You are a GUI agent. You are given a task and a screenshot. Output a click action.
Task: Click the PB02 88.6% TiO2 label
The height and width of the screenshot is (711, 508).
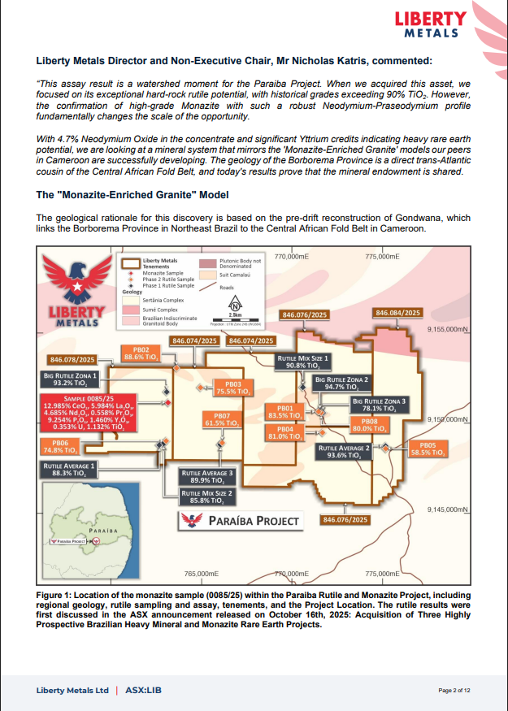tap(136, 353)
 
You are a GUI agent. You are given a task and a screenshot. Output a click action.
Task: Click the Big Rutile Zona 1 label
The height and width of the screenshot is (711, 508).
tap(72, 379)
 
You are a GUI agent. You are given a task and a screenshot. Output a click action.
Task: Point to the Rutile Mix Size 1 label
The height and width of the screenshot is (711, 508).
tap(302, 362)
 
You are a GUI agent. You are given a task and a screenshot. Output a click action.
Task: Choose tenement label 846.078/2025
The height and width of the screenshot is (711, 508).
tap(73, 359)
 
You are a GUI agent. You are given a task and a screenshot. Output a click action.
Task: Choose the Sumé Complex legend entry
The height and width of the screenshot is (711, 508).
tap(158, 310)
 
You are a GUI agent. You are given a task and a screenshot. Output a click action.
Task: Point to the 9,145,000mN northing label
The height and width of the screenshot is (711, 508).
tap(449, 509)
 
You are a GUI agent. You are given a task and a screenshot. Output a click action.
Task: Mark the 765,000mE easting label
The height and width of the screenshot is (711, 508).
tap(202, 574)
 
